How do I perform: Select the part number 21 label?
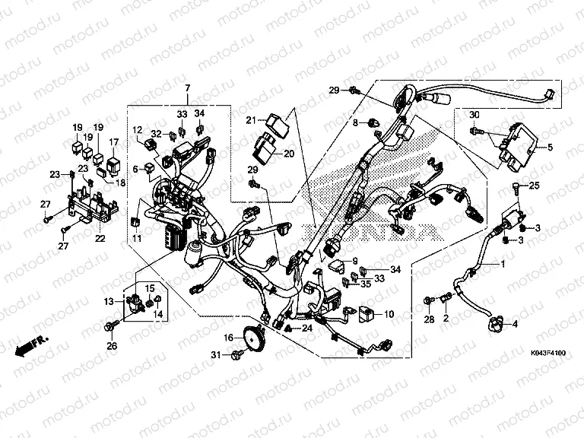click(x=250, y=119)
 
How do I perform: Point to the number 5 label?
click(x=551, y=147)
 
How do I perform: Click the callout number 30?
click(x=474, y=115)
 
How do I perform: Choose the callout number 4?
click(x=515, y=324)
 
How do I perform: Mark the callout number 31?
click(x=216, y=355)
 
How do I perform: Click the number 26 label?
click(x=112, y=347)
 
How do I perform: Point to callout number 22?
click(x=99, y=239)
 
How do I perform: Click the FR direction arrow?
click(x=29, y=344)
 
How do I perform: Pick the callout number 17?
click(x=113, y=141)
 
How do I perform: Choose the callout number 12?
click(x=138, y=130)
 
